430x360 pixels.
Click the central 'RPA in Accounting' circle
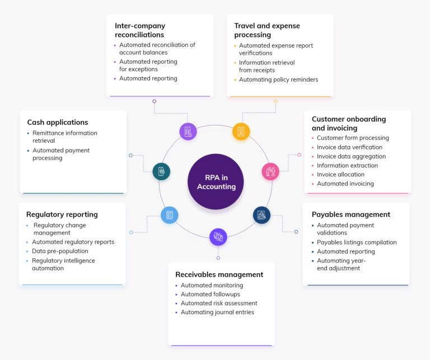[216, 183]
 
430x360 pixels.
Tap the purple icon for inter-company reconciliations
[188, 132]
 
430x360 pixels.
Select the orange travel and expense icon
[241, 132]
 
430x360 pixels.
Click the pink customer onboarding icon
[270, 171]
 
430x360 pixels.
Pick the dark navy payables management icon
[261, 215]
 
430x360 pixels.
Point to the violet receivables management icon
[218, 237]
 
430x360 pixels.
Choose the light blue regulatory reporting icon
[169, 215]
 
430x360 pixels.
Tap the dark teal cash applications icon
[161, 171]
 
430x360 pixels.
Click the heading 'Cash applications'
[58, 122]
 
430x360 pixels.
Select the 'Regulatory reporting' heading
[62, 214]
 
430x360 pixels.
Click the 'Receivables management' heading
[219, 274]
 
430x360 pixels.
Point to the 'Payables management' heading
[351, 214]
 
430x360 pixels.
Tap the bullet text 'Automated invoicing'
[345, 184]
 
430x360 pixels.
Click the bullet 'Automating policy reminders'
[278, 80]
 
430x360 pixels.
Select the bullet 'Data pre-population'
[60, 251]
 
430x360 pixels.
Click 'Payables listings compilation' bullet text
[357, 242]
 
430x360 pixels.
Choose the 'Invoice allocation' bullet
[342, 175]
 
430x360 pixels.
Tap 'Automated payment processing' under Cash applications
[61, 154]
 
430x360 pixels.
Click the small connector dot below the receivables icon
[218, 258]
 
